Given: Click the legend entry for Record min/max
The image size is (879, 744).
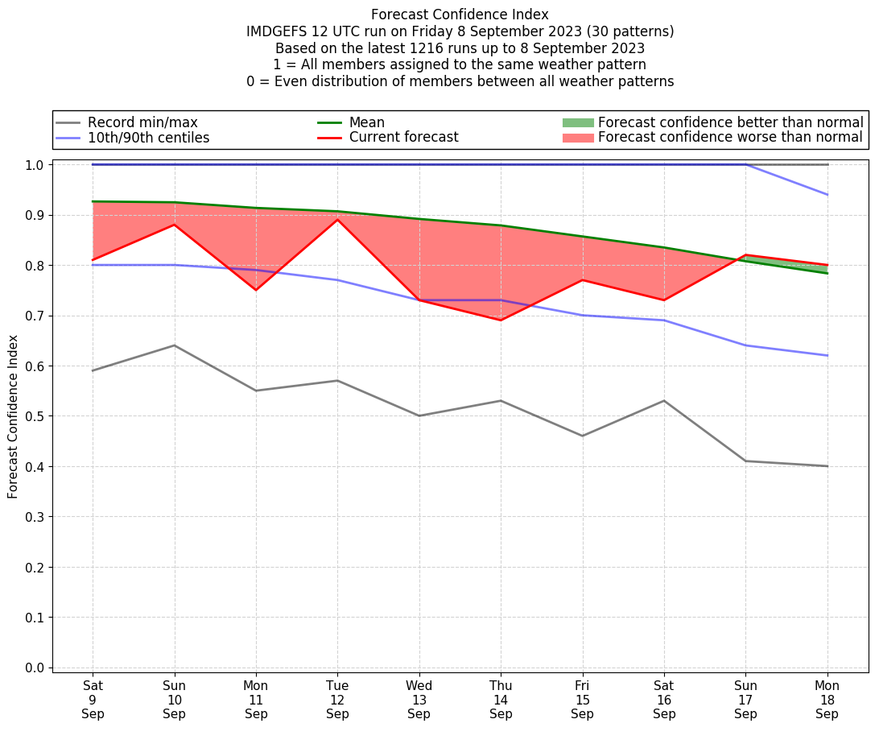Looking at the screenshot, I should pos(142,122).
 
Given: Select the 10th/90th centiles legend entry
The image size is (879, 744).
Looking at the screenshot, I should pos(148,138).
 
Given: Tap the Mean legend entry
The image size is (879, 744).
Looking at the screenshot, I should pos(366,122).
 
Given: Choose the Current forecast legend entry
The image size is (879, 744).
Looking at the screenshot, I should pos(403,138).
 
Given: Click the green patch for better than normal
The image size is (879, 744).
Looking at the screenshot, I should pos(577,122).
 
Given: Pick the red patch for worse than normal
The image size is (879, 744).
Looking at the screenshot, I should pos(577,138).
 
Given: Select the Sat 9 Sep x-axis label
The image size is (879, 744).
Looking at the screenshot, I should pos(93,700).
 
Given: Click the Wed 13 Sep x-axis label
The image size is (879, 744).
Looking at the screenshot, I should pos(419,700).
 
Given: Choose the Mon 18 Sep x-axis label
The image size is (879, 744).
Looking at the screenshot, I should pos(827,700).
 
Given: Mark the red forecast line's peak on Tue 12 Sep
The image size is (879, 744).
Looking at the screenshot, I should pos(337,220).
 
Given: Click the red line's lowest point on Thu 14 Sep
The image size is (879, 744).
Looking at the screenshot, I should pos(501,320).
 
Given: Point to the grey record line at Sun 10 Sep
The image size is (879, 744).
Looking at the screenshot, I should pos(175,345).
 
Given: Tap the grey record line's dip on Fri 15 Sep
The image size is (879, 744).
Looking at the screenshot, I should pos(582,436).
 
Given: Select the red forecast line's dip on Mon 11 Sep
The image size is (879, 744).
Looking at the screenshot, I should pos(256,290).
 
